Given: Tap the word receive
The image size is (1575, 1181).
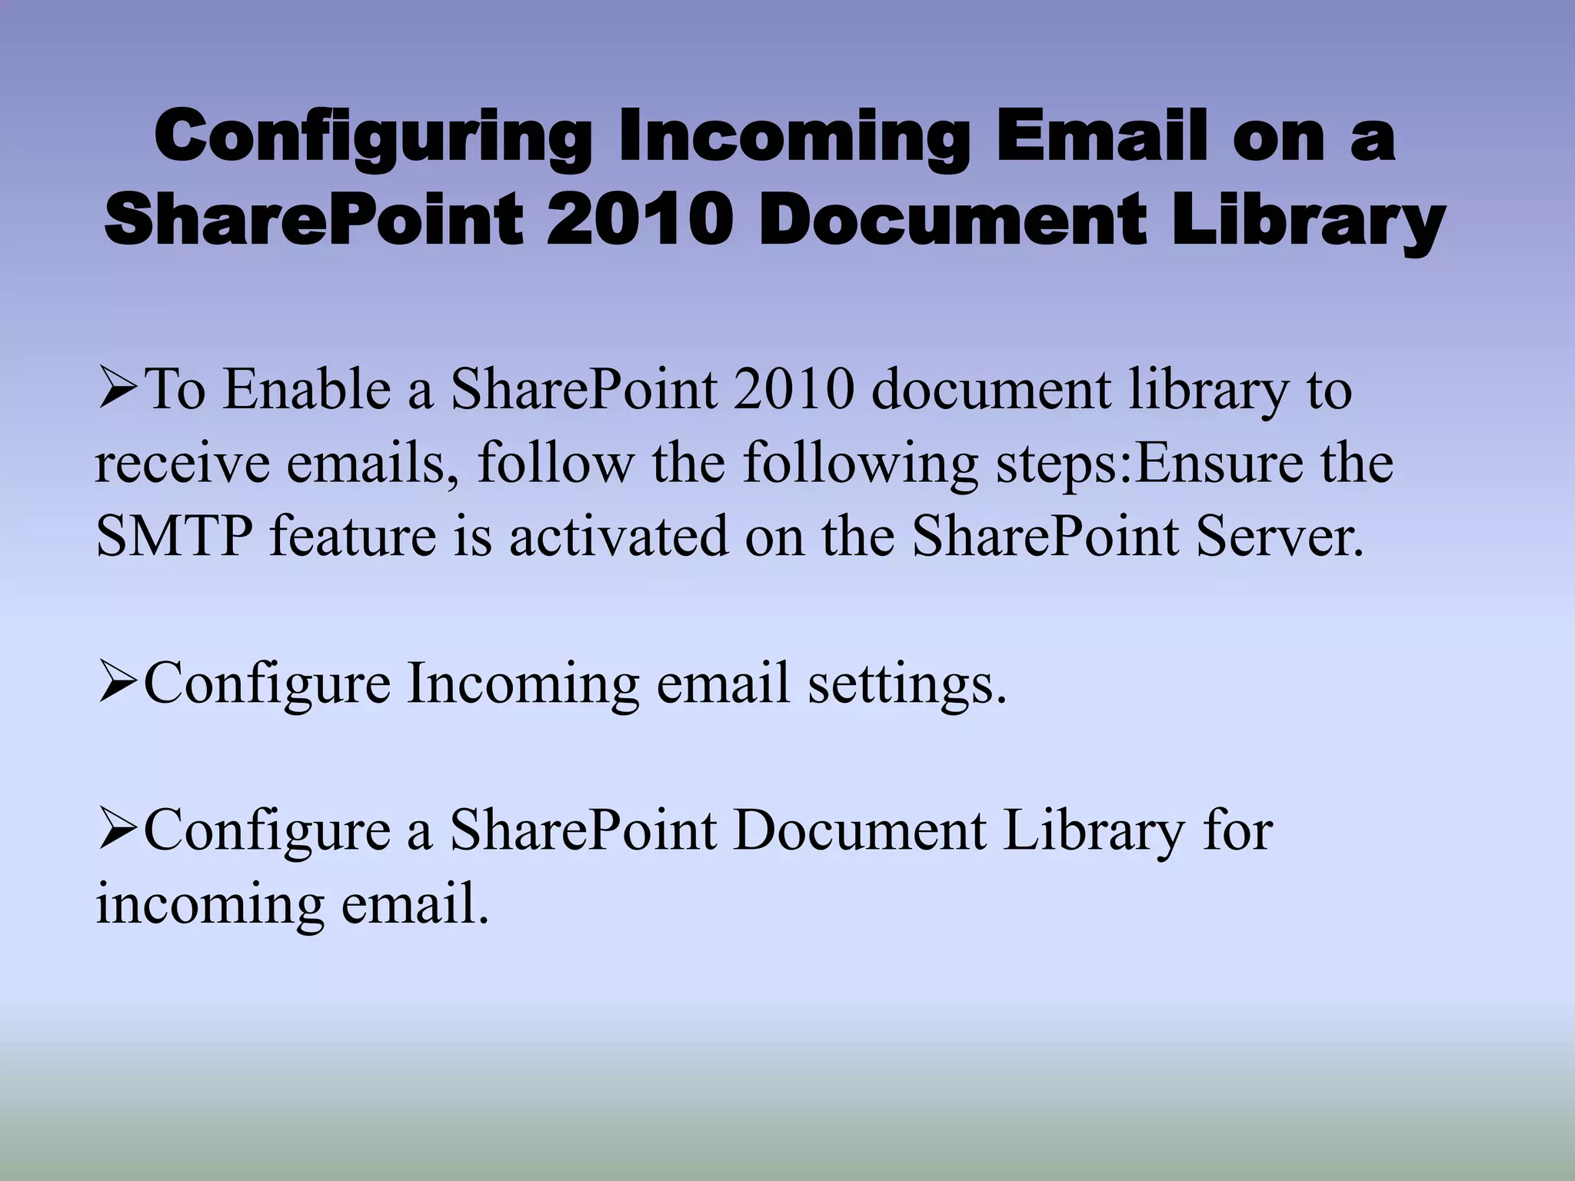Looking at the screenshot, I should [181, 464].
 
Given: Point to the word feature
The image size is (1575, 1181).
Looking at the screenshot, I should [353, 536].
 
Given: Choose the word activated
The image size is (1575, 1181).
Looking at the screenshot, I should [618, 536].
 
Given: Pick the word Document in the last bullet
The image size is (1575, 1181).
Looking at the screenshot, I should [860, 831].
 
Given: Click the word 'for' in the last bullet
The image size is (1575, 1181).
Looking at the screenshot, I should [1238, 831].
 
